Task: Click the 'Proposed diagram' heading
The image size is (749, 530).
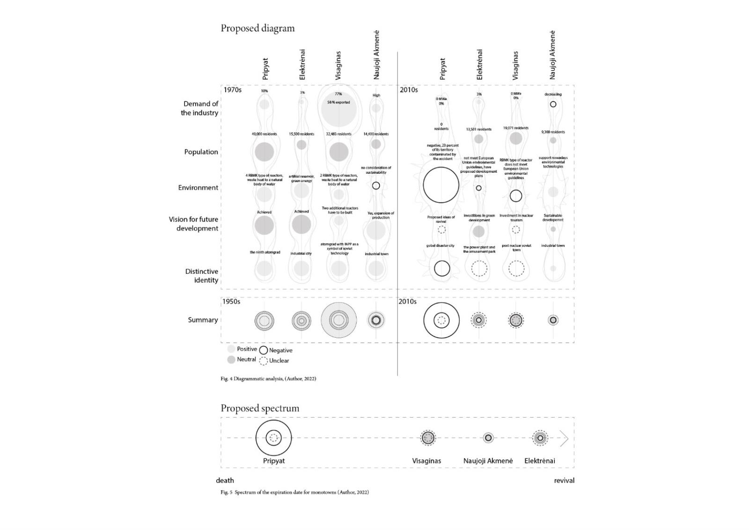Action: pyautogui.click(x=257, y=28)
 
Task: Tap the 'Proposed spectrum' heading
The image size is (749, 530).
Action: pyautogui.click(x=260, y=408)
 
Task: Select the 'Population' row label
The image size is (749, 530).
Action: pyautogui.click(x=201, y=152)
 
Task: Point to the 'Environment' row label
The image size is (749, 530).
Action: pyautogui.click(x=198, y=188)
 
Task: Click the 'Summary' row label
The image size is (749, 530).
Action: pyautogui.click(x=203, y=320)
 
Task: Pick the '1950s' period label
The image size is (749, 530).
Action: pyautogui.click(x=231, y=302)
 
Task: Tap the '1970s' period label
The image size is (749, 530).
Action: pyautogui.click(x=232, y=89)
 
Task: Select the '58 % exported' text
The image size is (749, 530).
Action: pyautogui.click(x=338, y=102)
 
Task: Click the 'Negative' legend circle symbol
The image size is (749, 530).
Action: pyautogui.click(x=264, y=350)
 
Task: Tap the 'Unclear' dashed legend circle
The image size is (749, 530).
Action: pyautogui.click(x=264, y=361)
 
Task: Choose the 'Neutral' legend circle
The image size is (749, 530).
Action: pyautogui.click(x=231, y=360)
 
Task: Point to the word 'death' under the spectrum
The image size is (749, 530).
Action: pyautogui.click(x=225, y=480)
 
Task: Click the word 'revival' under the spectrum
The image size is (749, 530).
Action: pyautogui.click(x=564, y=480)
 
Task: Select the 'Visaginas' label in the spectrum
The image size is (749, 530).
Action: pyautogui.click(x=426, y=461)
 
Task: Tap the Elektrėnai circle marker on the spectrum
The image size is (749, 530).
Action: pyautogui.click(x=540, y=438)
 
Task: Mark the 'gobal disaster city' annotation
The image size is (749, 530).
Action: pyautogui.click(x=441, y=245)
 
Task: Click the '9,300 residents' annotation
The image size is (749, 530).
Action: pyautogui.click(x=553, y=132)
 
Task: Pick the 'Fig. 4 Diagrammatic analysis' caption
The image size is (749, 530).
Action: pyautogui.click(x=268, y=378)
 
